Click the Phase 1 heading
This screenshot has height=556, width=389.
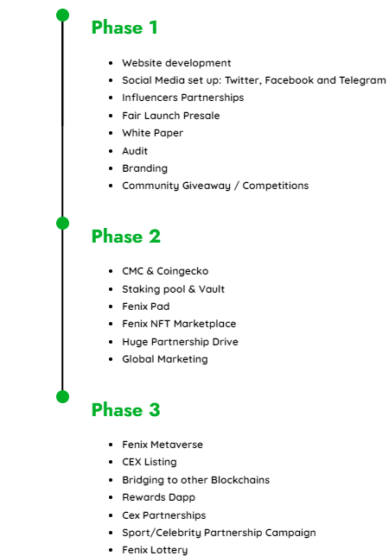coord(124,28)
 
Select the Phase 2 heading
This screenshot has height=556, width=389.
coord(126,237)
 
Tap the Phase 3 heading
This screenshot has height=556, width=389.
coord(126,409)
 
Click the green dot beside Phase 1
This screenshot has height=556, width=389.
coord(62,15)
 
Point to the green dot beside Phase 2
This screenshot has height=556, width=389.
coord(62,223)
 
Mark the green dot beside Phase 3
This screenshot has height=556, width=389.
coord(62,396)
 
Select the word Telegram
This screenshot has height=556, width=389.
coord(362,81)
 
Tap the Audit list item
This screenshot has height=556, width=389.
coord(135,151)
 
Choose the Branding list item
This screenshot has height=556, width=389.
coord(145,169)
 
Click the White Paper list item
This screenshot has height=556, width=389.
coord(153,133)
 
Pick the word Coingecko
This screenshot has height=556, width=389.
coord(182,272)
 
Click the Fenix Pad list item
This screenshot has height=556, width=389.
coord(146,306)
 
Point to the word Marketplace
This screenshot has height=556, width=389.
coord(205,324)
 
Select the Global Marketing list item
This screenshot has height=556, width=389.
coord(165,359)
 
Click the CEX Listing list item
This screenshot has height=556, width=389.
coord(150,463)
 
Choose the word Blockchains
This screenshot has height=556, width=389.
coord(240,480)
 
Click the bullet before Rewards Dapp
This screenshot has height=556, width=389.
coord(111,498)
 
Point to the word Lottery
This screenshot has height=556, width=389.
coord(169,550)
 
